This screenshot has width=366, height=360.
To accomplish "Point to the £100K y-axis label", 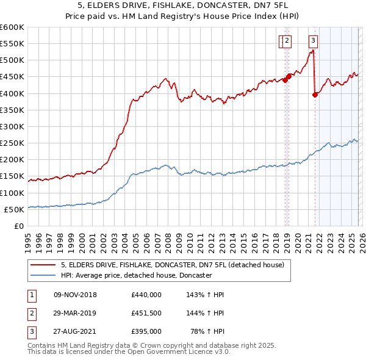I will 12,193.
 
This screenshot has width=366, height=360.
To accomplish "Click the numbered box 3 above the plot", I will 313,41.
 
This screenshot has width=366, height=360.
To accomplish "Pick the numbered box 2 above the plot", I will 287,41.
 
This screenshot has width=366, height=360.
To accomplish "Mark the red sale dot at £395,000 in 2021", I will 315,95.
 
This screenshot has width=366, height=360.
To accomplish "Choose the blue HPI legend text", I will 135,276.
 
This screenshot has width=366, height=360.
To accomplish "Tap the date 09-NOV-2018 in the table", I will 75,295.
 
